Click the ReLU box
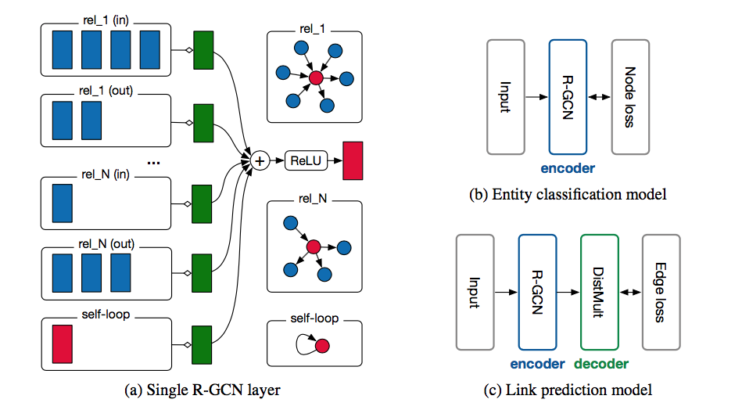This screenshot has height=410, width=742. point(306,160)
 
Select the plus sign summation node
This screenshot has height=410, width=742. point(260,160)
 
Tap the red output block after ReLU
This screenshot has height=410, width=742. point(353,160)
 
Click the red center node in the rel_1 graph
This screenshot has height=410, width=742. point(315,78)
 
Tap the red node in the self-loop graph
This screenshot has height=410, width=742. point(322,344)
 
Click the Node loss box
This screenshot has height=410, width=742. point(631,97)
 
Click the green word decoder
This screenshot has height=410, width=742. point(601,363)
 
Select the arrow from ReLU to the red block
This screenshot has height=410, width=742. point(335,160)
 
